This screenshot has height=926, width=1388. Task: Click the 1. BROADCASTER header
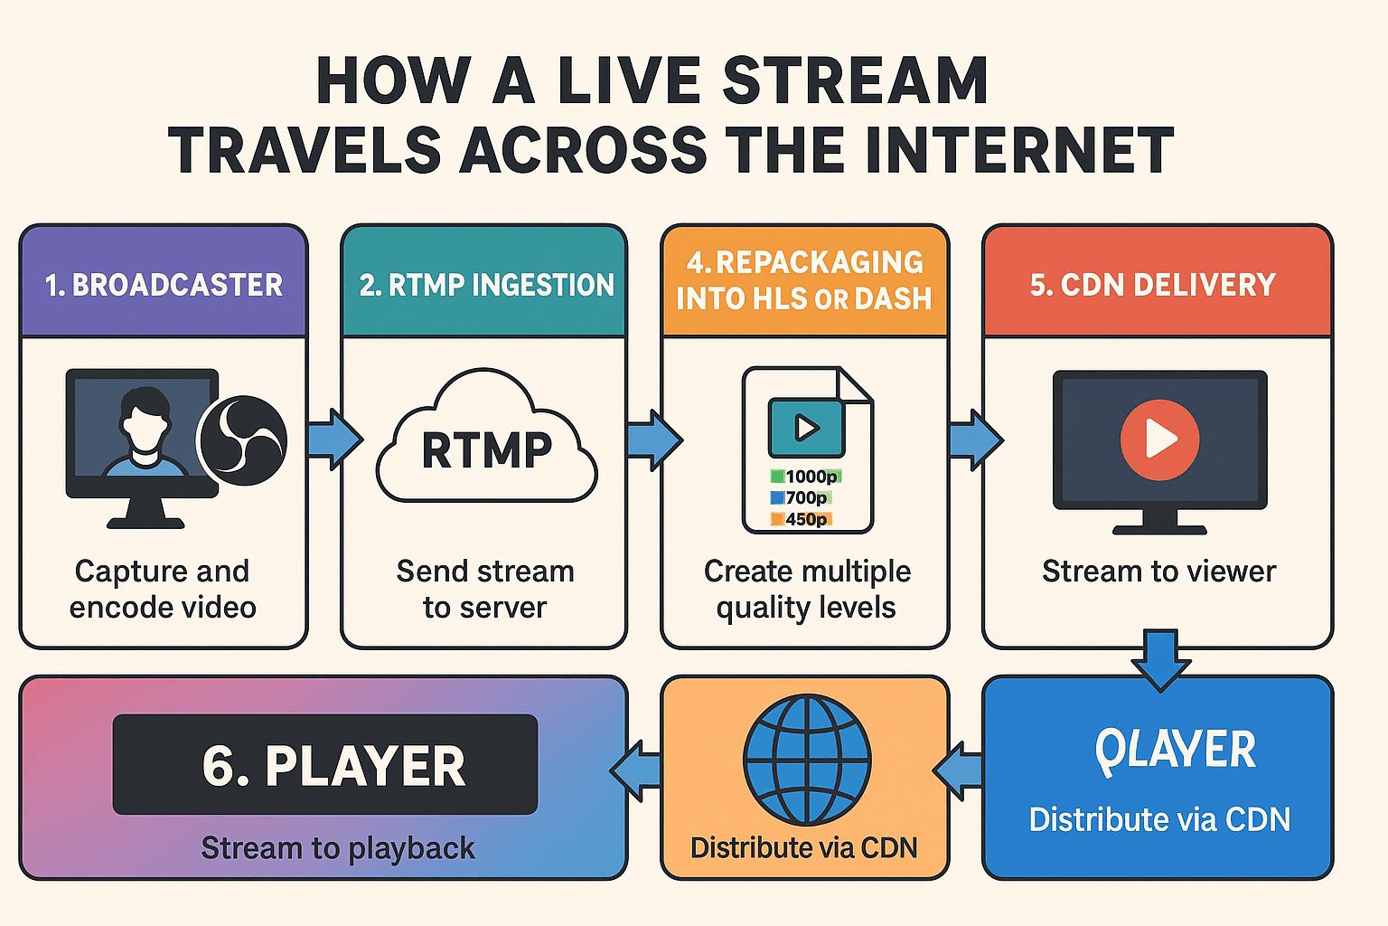[164, 285]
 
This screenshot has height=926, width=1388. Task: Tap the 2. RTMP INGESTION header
[485, 285]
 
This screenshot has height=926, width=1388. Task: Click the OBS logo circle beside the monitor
[242, 440]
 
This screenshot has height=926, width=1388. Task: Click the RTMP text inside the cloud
[486, 450]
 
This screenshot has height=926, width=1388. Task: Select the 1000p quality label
[806, 477]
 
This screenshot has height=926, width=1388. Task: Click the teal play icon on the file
[806, 428]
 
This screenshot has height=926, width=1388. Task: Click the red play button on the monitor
[1159, 439]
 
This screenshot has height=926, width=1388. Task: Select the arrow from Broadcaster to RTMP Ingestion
[333, 439]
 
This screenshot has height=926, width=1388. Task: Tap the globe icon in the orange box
[806, 760]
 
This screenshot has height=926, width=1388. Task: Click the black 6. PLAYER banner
[325, 765]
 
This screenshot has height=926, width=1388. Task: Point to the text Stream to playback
[337, 848]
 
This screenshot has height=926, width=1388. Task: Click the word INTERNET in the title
[1019, 150]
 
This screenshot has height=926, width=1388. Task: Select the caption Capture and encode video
[163, 589]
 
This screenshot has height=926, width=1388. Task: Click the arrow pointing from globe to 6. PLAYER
[637, 771]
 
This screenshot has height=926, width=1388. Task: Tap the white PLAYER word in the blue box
[1175, 751]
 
